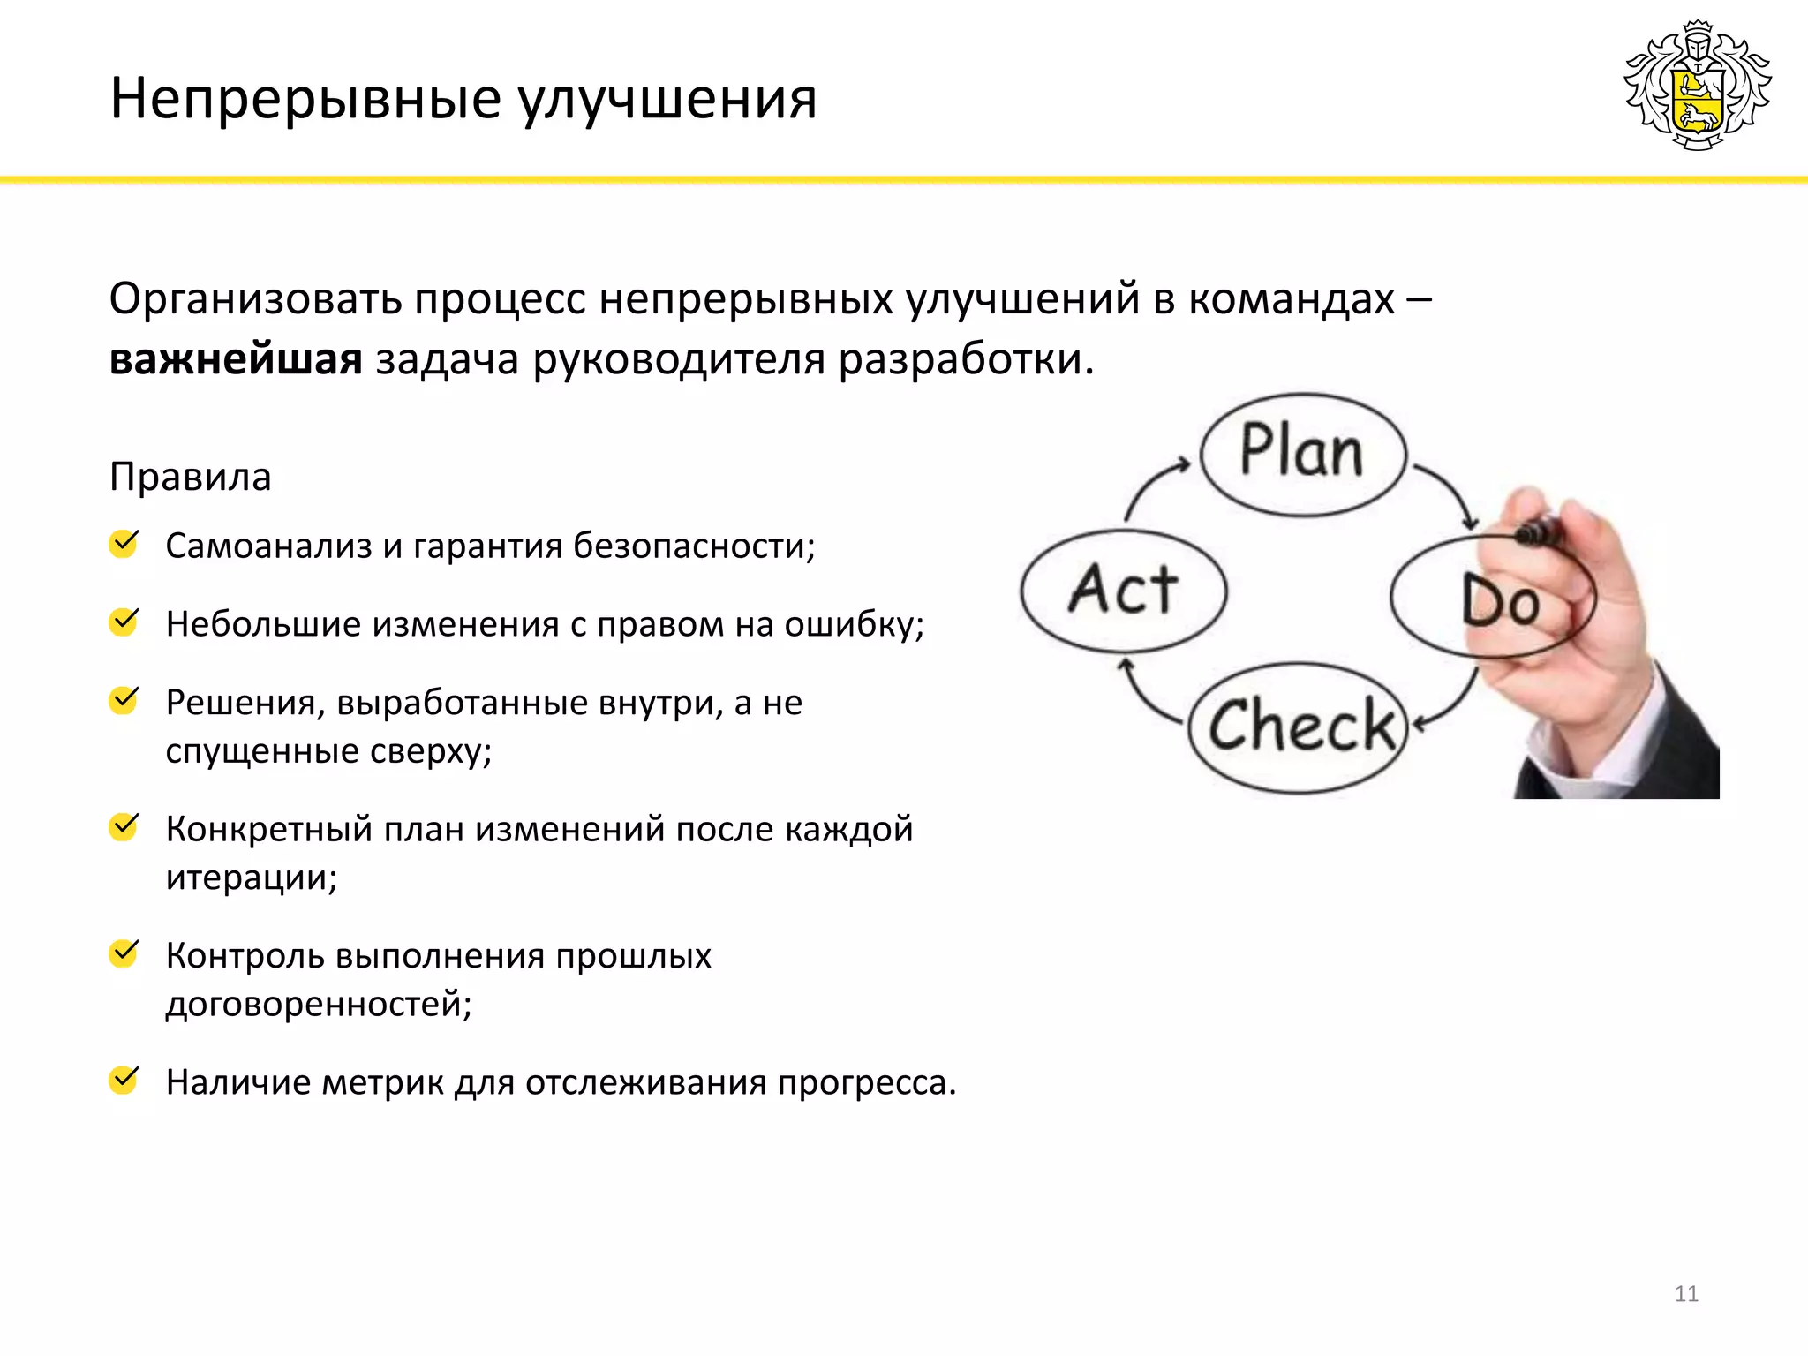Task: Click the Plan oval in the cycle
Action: coord(1302,454)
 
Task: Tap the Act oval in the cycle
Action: coord(1123,590)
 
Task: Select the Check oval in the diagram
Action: coord(1299,727)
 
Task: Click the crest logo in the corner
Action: coord(1697,86)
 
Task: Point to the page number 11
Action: coord(1686,1294)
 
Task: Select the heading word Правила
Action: coord(191,478)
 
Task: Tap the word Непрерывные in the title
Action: coord(305,99)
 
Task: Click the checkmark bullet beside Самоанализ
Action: coord(124,544)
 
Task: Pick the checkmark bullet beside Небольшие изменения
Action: coord(124,621)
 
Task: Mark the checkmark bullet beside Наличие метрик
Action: coord(124,1080)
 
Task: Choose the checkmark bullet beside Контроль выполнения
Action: coord(124,953)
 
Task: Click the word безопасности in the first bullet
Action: coord(693,546)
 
